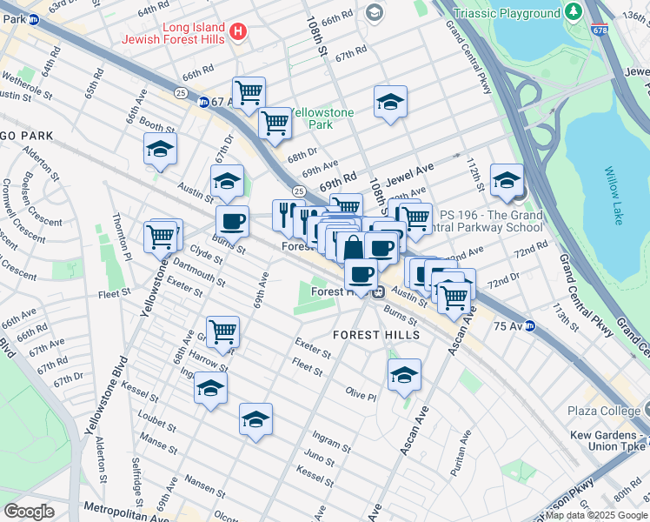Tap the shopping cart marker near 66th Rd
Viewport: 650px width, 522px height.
pos(249,92)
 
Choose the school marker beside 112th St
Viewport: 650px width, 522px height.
pos(507,180)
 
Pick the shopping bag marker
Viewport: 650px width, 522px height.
pos(353,248)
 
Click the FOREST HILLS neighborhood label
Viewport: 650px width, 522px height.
pos(377,335)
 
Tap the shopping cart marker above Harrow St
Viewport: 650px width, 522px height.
pos(223,331)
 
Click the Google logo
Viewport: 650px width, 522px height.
pos(30,511)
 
